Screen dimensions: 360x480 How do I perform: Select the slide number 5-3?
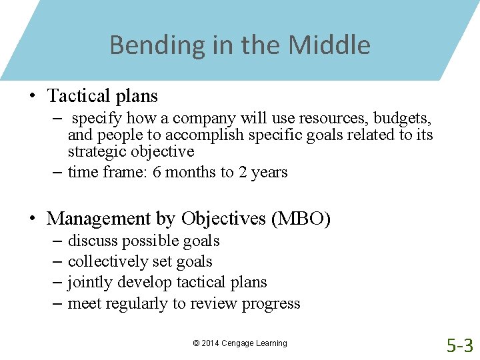point(460,345)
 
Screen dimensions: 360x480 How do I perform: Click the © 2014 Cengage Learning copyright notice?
point(240,343)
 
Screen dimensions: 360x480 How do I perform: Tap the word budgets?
point(403,119)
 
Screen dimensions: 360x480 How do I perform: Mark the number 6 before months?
point(157,172)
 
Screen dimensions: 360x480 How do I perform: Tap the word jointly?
point(90,283)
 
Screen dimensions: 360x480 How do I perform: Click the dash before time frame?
point(57,172)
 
